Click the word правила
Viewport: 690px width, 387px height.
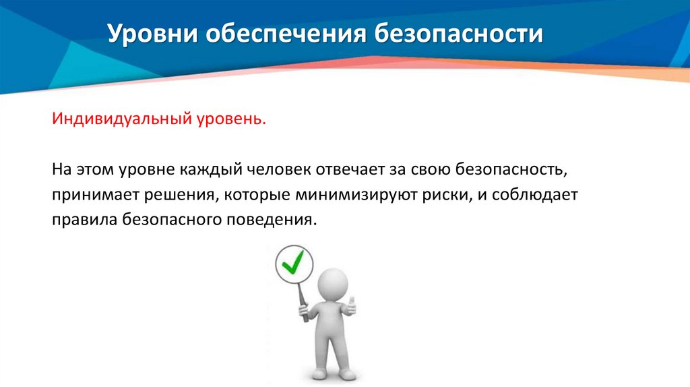tap(84, 220)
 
